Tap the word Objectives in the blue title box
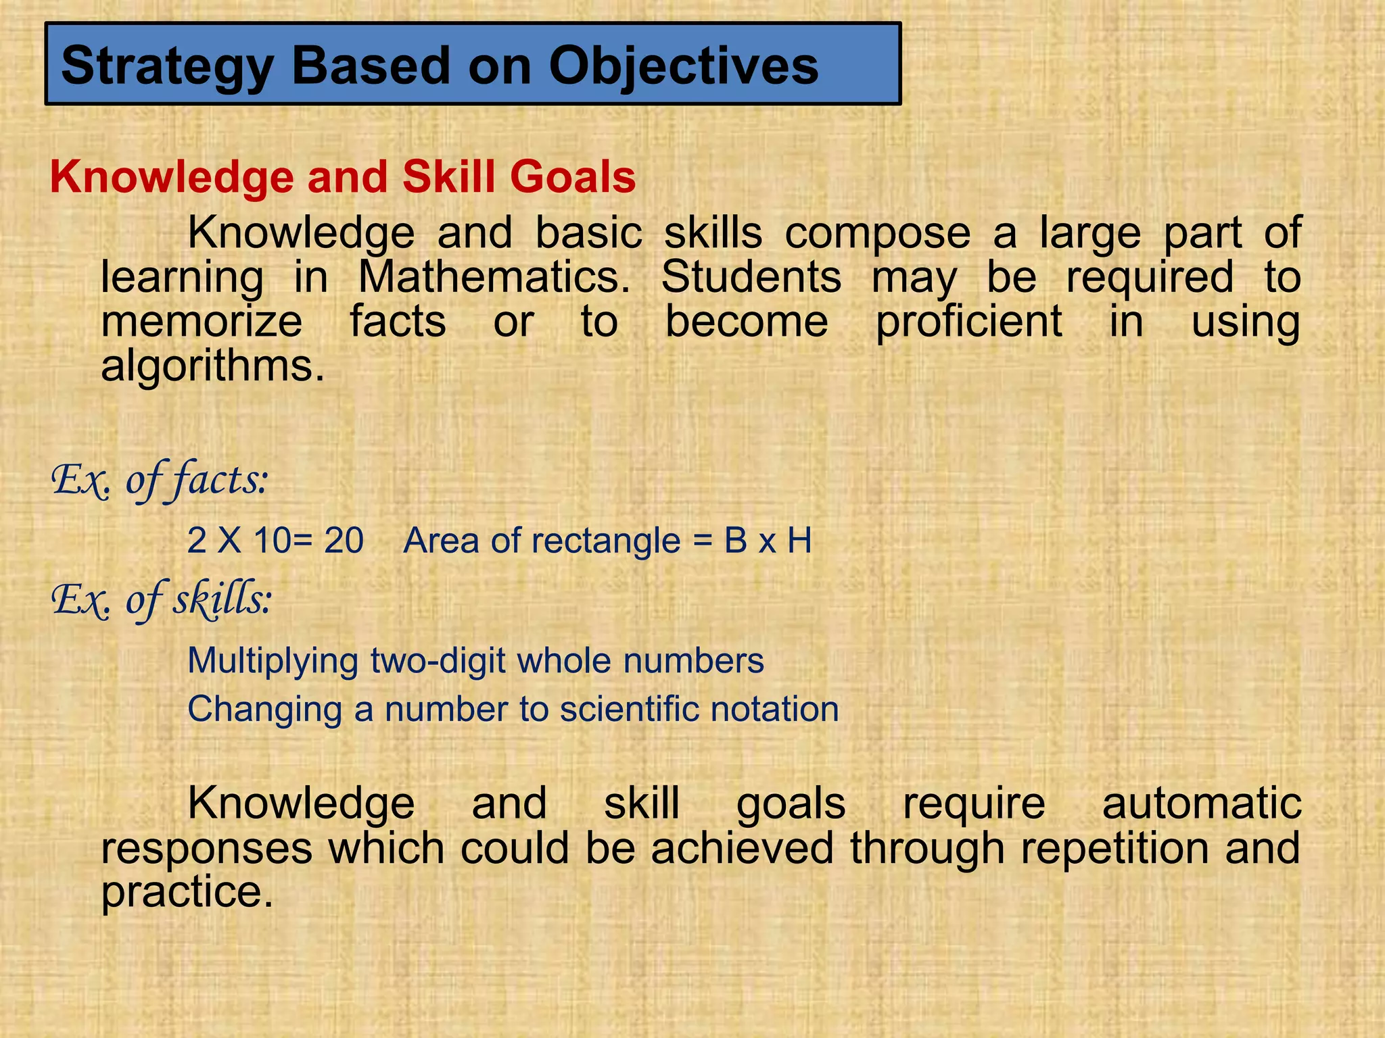coord(683,67)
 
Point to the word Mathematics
coord(494,277)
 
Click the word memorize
coord(202,321)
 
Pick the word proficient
coord(968,321)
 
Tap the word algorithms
coord(212,366)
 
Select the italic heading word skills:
coord(222,599)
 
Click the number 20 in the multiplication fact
coord(344,541)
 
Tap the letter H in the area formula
coord(799,541)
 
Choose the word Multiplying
coord(273,661)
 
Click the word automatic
coord(1202,804)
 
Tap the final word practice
coord(187,892)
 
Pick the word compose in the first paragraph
coord(877,233)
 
